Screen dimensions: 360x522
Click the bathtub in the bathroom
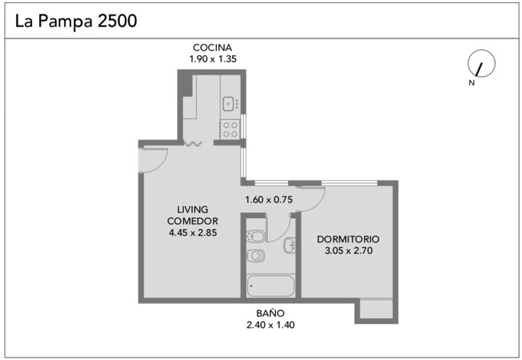click(x=271, y=286)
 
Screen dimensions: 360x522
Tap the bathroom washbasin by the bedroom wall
click(x=290, y=245)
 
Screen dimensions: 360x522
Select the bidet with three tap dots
click(x=255, y=236)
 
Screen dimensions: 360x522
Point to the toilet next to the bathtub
click(x=256, y=256)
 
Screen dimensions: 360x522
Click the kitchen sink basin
click(x=228, y=103)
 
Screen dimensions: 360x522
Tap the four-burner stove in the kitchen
click(x=230, y=129)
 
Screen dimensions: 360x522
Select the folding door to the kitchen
click(x=193, y=144)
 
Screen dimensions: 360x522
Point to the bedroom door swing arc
click(x=312, y=200)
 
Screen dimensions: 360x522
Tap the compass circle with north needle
click(x=481, y=63)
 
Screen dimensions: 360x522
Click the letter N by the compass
click(x=471, y=83)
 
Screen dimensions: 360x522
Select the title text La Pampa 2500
click(x=76, y=21)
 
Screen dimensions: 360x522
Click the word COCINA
click(x=212, y=48)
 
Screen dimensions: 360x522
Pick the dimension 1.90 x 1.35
click(x=213, y=59)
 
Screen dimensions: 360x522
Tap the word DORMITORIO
click(x=348, y=239)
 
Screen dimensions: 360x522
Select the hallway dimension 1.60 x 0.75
click(x=269, y=200)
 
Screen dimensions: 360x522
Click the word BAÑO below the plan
click(x=270, y=313)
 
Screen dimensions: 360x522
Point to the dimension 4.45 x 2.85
click(x=192, y=233)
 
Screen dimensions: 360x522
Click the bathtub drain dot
click(x=251, y=286)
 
